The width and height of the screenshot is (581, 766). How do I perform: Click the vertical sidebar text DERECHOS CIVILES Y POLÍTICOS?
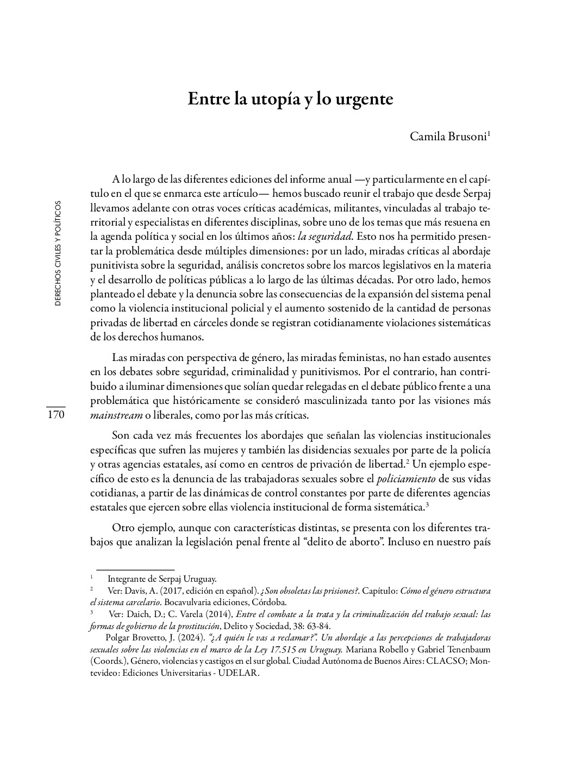tap(58, 253)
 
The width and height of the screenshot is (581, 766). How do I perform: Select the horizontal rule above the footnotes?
tap(135, 570)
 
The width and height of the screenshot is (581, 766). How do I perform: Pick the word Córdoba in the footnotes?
tap(270, 602)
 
